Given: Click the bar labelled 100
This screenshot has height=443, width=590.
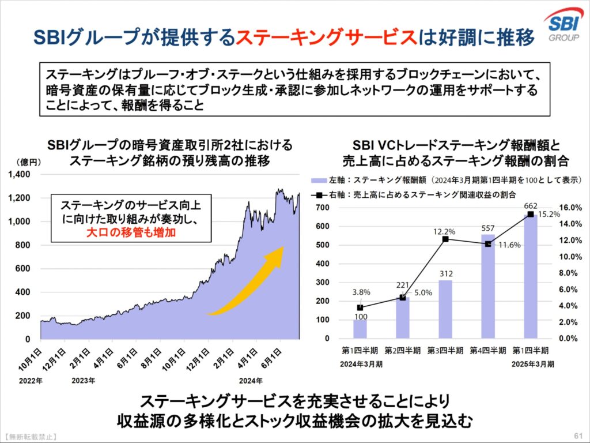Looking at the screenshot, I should click(x=360, y=328).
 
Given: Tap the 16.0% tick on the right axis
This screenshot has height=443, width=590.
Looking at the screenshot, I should click(x=571, y=208).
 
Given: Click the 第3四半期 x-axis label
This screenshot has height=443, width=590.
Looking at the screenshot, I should click(x=444, y=350).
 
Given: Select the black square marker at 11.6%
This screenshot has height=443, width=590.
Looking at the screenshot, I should click(x=488, y=244).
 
